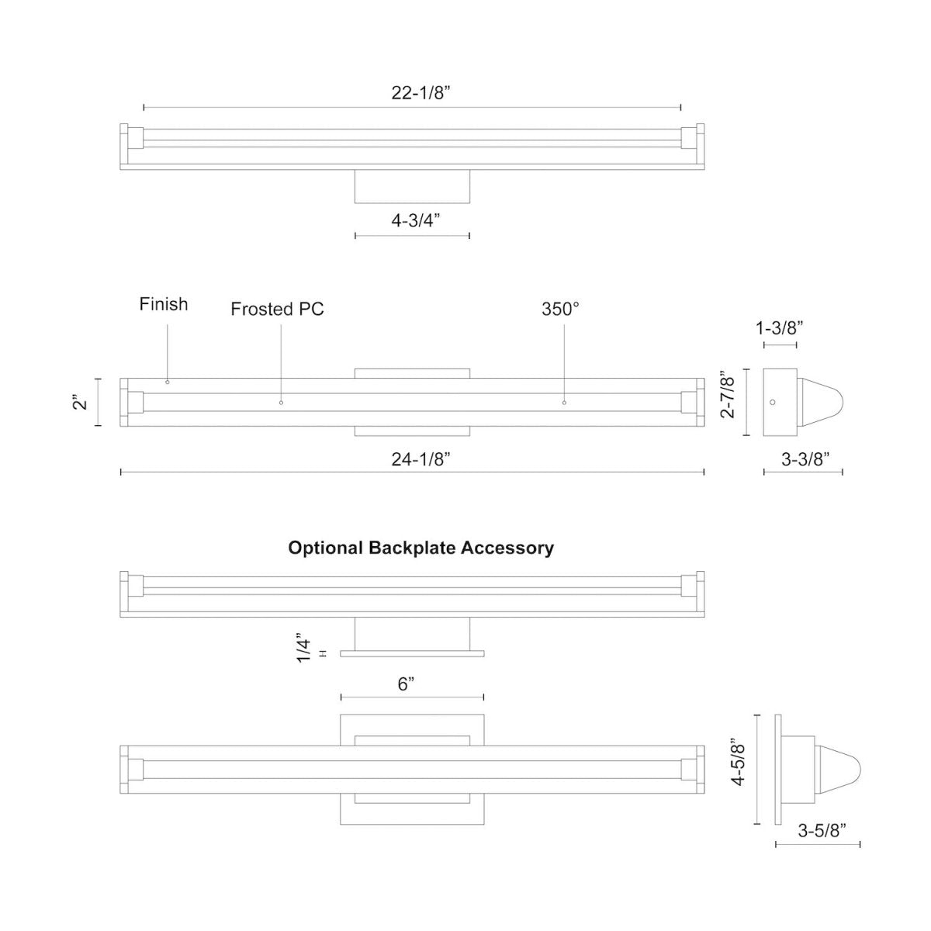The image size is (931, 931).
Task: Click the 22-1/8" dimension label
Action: point(421,93)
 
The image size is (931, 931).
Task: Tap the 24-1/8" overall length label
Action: point(421,459)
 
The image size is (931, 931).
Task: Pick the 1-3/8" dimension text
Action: point(779,328)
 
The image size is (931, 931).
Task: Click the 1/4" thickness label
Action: point(304,650)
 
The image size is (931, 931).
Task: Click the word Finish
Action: point(164,304)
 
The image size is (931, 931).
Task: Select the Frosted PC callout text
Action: point(277,310)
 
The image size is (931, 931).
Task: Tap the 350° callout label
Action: point(560,309)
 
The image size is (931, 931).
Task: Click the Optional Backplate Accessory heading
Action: point(421,548)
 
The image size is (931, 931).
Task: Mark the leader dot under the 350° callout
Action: point(564,403)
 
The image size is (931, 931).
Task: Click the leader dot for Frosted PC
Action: point(281,403)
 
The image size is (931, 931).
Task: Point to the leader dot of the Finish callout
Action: point(167,382)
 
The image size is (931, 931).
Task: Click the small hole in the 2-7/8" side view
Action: point(772,402)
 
